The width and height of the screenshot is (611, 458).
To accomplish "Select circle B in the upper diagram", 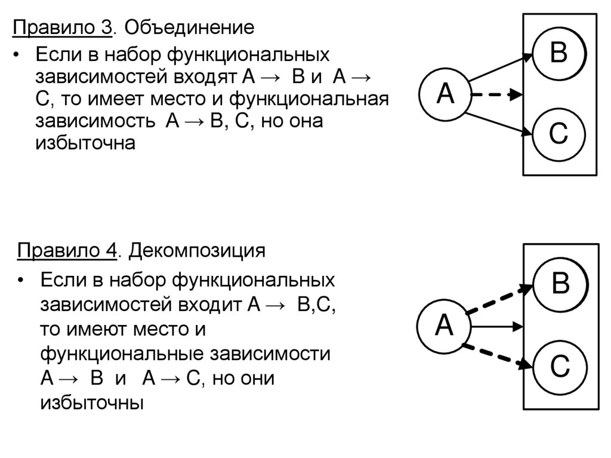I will (558, 53).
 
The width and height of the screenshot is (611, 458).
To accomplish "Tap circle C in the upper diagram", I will (558, 134).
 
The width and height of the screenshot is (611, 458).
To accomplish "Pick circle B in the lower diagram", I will (560, 284).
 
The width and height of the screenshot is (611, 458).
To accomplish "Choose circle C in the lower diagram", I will (560, 367).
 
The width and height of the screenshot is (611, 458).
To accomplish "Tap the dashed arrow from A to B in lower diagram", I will (499, 299).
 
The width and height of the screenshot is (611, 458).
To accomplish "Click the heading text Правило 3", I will (63, 27).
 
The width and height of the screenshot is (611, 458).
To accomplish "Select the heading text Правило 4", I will (66, 250).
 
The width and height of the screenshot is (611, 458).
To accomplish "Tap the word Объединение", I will (189, 27).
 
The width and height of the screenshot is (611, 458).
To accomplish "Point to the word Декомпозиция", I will (197, 250).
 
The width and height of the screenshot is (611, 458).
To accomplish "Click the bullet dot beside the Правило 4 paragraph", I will (22, 281).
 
